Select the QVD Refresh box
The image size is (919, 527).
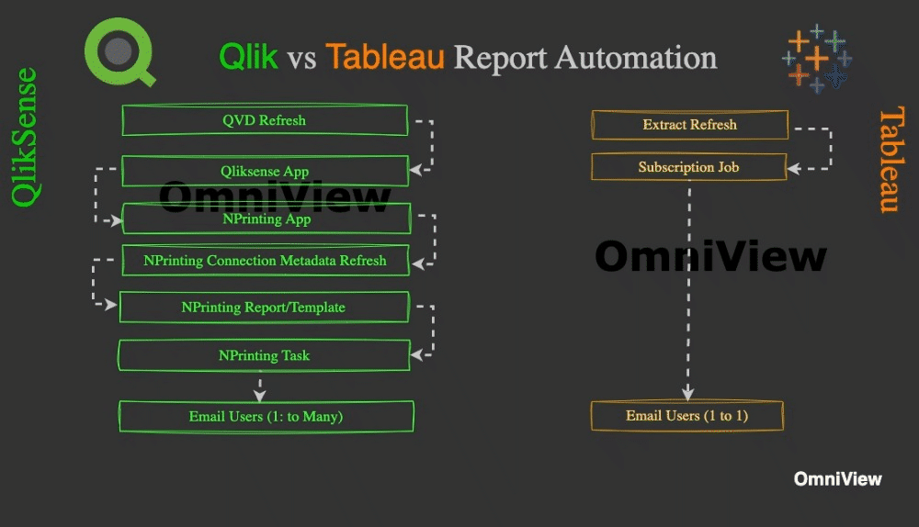265,120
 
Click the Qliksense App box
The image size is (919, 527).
265,171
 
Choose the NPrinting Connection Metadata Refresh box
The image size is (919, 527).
265,261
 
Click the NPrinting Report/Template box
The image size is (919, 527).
265,308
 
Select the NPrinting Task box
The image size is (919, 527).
265,355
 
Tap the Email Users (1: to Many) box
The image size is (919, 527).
266,416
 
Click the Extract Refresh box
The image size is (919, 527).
689,125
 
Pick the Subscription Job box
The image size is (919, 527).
688,167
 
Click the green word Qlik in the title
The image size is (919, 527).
248,58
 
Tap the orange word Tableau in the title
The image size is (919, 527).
385,58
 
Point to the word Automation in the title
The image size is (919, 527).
635,58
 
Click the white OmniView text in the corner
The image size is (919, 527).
837,479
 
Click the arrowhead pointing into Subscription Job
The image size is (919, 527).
794,169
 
